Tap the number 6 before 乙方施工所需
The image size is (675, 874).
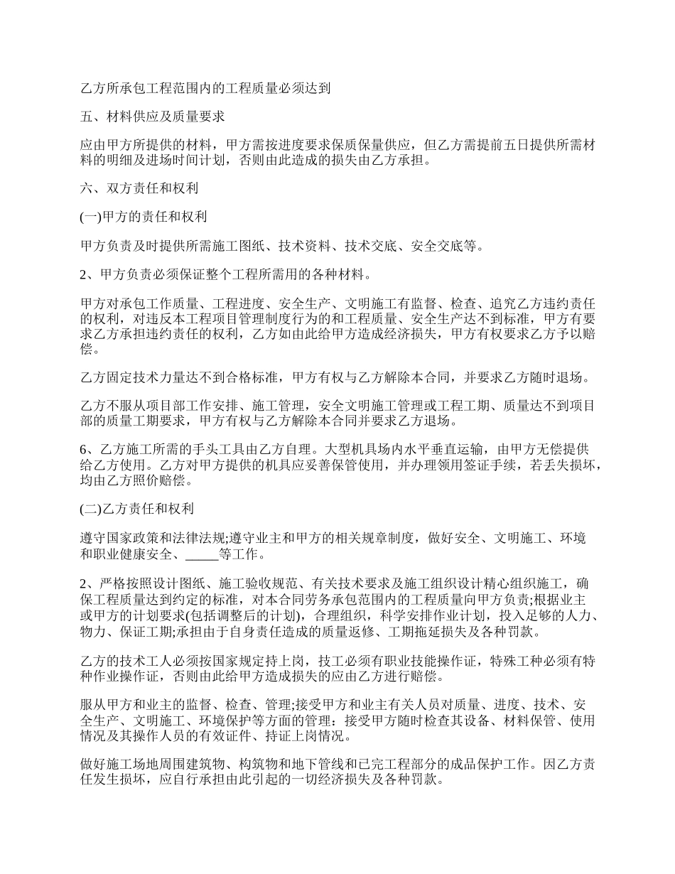coord(84,449)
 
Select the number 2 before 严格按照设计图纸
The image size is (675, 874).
coord(84,584)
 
